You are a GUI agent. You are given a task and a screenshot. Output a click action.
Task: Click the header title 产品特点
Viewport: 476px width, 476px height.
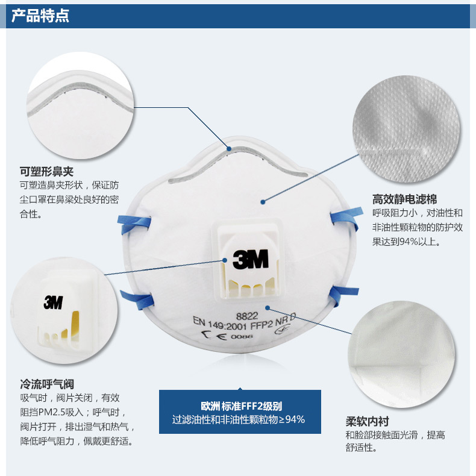[40, 16]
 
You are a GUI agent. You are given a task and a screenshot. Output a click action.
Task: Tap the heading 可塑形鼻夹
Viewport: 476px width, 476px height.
[47, 172]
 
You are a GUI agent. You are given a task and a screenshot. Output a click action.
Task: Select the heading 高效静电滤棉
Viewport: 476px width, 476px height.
[405, 199]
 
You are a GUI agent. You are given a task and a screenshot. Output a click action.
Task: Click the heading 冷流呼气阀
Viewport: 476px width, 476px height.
[47, 384]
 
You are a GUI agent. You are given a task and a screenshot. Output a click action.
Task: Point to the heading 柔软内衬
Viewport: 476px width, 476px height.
[368, 421]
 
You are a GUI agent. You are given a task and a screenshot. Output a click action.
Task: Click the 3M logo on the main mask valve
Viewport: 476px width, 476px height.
[251, 259]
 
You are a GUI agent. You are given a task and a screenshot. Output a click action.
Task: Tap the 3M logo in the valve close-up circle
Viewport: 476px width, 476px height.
[54, 302]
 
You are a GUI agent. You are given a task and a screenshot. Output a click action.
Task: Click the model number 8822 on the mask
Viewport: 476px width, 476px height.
[247, 316]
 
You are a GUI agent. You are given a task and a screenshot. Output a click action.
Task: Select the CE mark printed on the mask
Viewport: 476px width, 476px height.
[215, 335]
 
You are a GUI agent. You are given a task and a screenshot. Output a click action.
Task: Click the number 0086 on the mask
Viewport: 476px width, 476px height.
[242, 336]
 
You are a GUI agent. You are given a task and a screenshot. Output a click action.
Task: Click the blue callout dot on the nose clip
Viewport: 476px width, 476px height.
[229, 149]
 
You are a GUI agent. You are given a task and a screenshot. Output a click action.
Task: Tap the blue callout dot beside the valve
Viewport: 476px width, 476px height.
[225, 260]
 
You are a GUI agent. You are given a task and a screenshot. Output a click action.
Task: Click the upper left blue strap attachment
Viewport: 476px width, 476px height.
[134, 224]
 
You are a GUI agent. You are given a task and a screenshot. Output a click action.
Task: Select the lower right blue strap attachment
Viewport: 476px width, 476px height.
[343, 295]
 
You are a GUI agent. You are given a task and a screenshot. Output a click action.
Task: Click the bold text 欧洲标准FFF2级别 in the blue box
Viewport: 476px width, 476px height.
[242, 406]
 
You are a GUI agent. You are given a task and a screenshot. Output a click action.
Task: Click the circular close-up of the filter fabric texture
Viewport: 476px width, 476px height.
[406, 129]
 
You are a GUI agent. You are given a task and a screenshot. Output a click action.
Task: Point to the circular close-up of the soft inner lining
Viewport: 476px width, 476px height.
[402, 354]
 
